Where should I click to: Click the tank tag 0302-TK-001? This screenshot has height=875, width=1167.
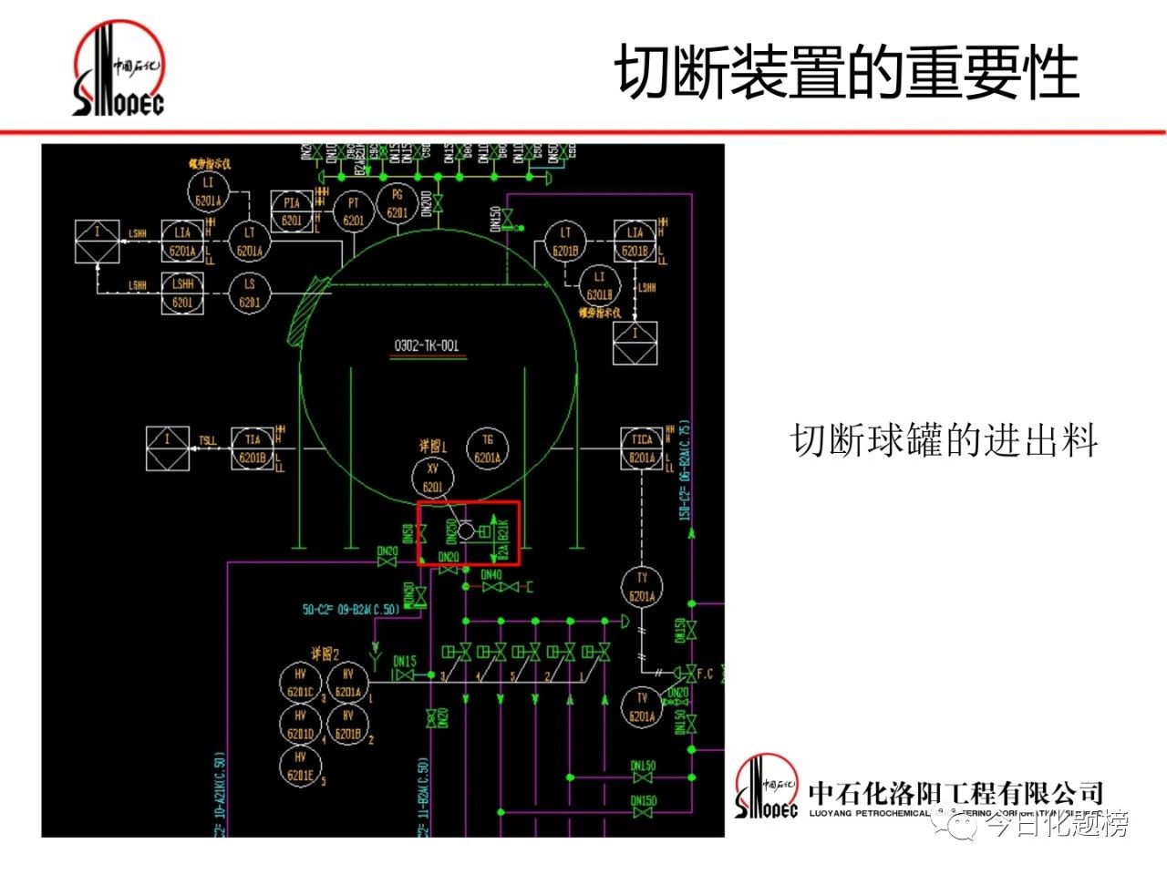tap(427, 345)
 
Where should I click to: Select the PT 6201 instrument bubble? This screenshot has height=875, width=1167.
tap(354, 211)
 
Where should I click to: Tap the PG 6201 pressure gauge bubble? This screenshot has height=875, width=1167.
tap(398, 202)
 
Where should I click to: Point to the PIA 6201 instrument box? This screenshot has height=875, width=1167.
tap(292, 211)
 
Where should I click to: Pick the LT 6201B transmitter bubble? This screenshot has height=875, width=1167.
tap(565, 242)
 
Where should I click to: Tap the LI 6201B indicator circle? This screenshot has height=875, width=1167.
tap(599, 285)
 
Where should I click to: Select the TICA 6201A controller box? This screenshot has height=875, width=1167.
tap(642, 448)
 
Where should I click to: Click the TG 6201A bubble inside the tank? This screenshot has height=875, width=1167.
tap(488, 448)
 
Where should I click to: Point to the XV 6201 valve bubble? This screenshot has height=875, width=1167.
tap(433, 478)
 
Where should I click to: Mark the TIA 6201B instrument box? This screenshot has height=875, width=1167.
tap(253, 448)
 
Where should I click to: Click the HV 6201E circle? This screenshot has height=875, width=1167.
tap(301, 767)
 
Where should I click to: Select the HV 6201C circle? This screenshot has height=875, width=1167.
tap(301, 683)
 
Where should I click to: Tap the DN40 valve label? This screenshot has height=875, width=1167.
tap(491, 575)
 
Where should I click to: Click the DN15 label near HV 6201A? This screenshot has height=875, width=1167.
tap(405, 661)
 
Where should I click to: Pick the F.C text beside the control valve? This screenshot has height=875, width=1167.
tap(705, 674)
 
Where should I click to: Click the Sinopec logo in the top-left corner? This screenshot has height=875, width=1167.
tap(119, 70)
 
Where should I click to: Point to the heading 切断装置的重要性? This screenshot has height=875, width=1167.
tap(847, 72)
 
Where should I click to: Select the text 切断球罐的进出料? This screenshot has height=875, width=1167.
tap(944, 441)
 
